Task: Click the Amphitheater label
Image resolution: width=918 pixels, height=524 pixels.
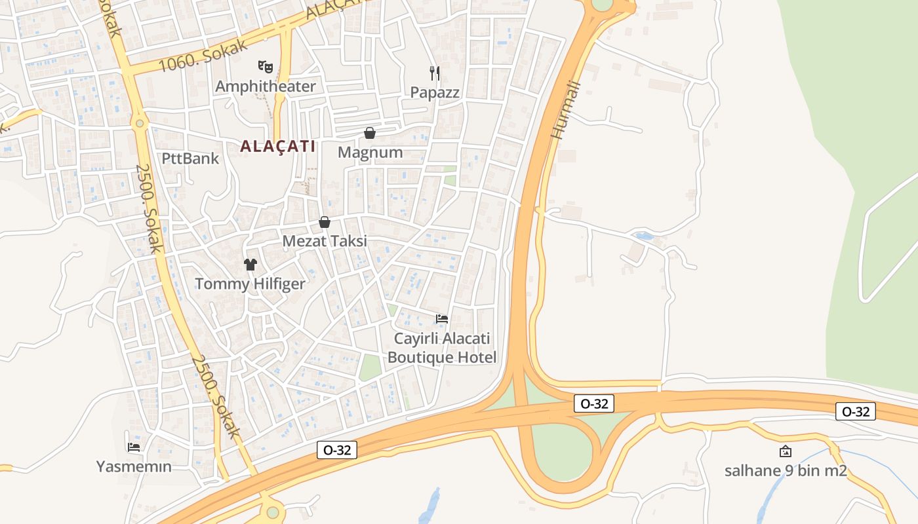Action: coord(266,86)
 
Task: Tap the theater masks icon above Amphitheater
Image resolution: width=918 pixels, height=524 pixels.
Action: coord(265,66)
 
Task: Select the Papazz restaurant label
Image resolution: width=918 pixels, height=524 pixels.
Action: coord(435,92)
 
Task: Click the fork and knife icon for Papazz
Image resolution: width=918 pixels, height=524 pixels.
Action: coord(434,72)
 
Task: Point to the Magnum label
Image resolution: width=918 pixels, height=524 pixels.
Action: coord(370,153)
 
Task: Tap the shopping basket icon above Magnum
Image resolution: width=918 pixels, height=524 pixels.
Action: coord(370,133)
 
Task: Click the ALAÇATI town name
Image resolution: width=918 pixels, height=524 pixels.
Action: coord(278,146)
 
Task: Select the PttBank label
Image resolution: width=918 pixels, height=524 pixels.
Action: coord(190,158)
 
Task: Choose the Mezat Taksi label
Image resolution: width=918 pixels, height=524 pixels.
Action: coord(324,241)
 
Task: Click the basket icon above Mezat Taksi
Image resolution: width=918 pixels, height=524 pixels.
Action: coord(324,222)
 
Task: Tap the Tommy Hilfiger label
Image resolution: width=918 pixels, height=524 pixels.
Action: coord(250,284)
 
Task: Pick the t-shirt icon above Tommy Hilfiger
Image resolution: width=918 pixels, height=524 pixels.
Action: coord(250,265)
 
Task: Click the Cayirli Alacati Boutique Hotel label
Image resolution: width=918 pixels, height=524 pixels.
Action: coord(442,348)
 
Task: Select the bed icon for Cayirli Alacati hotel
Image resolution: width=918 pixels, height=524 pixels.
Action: coord(442,319)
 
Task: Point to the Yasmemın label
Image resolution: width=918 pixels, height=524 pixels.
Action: coord(134,466)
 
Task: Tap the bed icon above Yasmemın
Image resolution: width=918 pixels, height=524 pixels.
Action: coord(134,447)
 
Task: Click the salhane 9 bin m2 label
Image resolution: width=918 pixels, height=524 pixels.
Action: coord(786,470)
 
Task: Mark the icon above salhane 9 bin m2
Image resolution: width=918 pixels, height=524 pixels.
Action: coord(785,451)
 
